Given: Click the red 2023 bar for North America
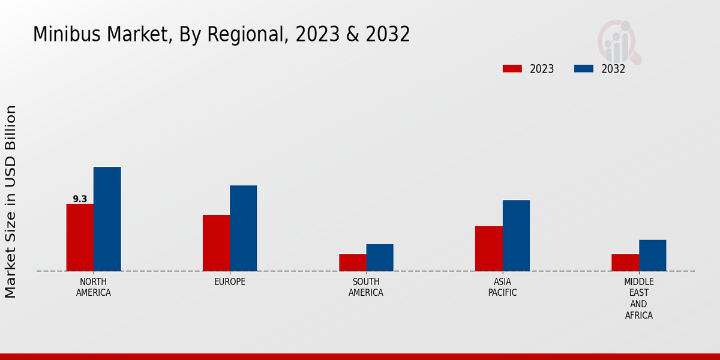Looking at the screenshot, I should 80,238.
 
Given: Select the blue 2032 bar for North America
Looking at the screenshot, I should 107,219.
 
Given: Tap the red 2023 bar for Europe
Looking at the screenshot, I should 216,243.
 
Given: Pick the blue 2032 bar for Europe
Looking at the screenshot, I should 243,228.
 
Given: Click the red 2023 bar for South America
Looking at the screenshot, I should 352,262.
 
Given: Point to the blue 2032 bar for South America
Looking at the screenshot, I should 380,257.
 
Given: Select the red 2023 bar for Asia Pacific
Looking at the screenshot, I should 488,248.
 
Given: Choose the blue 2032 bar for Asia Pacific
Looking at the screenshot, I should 516,235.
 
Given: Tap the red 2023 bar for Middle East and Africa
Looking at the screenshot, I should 625,262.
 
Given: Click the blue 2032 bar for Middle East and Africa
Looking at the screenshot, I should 652,256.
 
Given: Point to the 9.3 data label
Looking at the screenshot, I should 80,199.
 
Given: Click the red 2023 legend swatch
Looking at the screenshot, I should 512,69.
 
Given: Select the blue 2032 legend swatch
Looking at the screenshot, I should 583,69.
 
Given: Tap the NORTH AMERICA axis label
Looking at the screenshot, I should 94,287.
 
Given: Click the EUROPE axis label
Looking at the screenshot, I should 230,282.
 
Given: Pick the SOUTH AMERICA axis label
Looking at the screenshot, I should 366,287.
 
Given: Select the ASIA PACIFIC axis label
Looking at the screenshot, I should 503,287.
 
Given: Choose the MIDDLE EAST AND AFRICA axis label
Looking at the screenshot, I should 639,299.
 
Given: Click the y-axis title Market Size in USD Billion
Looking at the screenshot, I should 11,202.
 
